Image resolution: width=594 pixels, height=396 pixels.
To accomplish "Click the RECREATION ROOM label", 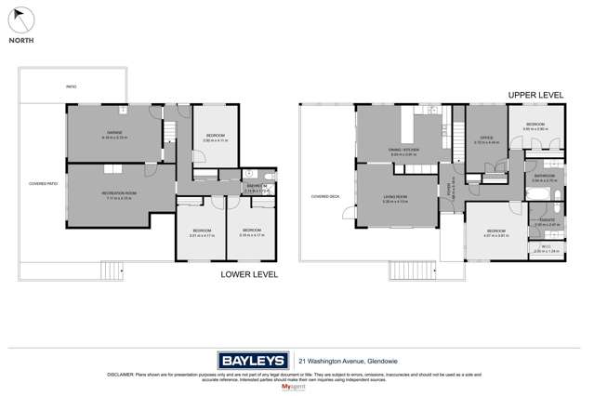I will point(119,193).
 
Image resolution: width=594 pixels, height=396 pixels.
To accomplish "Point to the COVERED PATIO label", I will point(43,183).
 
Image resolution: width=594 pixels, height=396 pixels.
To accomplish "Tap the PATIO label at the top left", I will point(71,86).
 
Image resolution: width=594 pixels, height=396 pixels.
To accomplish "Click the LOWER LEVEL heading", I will point(248,275).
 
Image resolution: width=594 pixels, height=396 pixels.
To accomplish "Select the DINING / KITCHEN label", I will point(403,151).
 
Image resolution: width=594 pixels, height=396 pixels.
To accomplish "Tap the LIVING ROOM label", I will point(395,198).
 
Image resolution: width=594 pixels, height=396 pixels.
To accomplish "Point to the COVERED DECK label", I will point(324,196).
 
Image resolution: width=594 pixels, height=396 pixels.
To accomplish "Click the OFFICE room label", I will point(486,139).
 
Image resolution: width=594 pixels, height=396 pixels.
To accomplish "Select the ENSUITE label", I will point(546,221).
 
